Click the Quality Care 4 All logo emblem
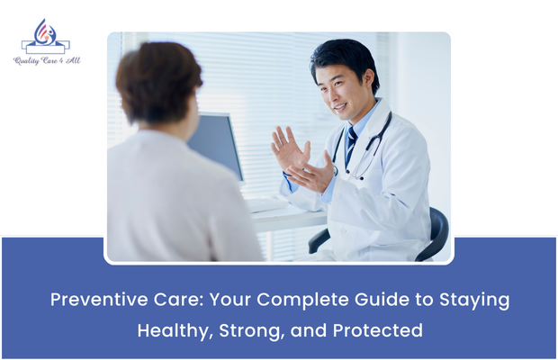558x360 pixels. pos(45,37)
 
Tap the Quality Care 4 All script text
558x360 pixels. pos(46,60)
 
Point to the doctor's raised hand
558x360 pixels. pos(290,148)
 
